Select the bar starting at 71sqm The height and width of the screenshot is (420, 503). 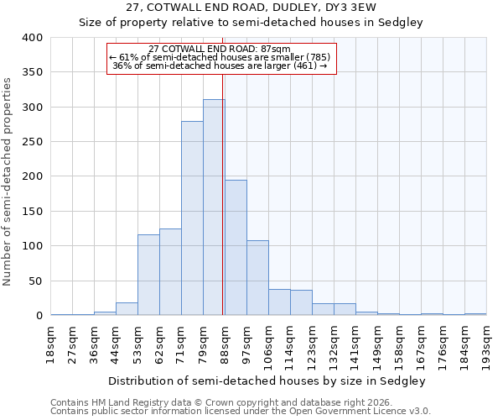(x=192, y=218)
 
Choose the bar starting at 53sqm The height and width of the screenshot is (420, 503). (x=148, y=275)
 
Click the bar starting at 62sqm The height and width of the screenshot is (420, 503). (x=170, y=272)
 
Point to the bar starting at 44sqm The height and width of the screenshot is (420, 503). (x=127, y=309)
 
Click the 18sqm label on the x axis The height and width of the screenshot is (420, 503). (x=51, y=344)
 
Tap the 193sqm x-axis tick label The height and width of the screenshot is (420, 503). (x=487, y=346)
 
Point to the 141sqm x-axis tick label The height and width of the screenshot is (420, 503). (x=356, y=346)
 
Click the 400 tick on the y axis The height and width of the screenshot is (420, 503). (x=33, y=38)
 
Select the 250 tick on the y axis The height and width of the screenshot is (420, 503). (x=33, y=142)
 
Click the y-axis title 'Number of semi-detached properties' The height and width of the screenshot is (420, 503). (x=8, y=181)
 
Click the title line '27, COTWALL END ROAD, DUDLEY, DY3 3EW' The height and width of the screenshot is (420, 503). (x=251, y=8)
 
